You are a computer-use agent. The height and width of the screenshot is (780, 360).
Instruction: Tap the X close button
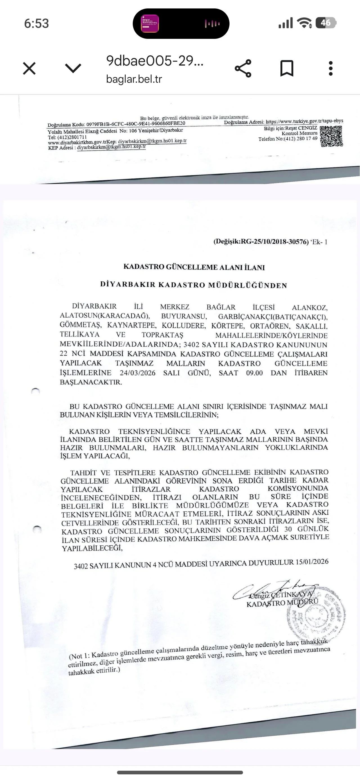tap(29, 68)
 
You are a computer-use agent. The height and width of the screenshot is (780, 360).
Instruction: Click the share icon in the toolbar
tap(243, 68)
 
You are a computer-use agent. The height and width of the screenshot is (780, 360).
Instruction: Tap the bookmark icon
tap(286, 68)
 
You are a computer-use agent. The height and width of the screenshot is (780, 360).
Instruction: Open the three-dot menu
tap(331, 68)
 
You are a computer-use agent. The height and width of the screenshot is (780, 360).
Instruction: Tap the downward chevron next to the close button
tap(73, 68)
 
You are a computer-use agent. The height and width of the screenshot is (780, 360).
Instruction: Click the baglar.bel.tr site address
tap(134, 79)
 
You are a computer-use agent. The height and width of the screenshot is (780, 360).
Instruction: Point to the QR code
tap(331, 136)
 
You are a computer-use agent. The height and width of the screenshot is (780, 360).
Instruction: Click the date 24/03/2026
tap(138, 373)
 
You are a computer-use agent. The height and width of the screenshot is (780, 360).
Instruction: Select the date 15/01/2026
tap(312, 562)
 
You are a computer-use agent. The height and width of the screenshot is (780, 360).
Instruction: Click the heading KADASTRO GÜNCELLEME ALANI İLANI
tap(194, 267)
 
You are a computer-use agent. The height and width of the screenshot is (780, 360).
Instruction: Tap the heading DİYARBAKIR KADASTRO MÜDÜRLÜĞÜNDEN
tap(194, 285)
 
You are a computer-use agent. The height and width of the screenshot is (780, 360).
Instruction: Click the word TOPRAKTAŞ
tap(162, 335)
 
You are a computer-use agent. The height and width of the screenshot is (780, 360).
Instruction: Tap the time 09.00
tap(254, 373)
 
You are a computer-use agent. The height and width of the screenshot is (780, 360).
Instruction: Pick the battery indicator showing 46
tap(325, 23)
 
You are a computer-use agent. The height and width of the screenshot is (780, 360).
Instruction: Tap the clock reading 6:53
tap(36, 23)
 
